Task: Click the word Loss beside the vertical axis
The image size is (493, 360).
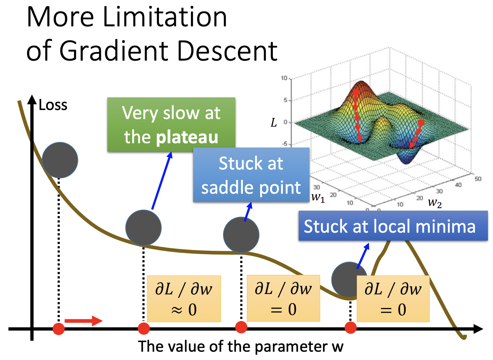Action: coord(53,105)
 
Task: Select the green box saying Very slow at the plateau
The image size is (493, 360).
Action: coord(171,124)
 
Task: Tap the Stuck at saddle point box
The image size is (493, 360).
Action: coord(251,175)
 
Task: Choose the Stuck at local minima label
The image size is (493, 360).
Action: coord(393,227)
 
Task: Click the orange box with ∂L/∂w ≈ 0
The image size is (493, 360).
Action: coord(184,299)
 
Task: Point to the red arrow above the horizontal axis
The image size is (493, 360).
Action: coord(83,321)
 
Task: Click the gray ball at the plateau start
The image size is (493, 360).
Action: coord(143,228)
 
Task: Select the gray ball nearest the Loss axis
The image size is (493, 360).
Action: coord(60,160)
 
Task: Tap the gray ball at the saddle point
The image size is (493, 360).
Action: coord(241,235)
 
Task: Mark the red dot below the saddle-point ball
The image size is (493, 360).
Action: coord(241,327)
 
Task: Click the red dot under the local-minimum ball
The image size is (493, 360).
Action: coord(350,328)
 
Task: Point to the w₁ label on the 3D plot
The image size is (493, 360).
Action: coord(318,197)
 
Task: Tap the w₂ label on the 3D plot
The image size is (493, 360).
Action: coord(435,203)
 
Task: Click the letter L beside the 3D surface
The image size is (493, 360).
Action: coord(274,123)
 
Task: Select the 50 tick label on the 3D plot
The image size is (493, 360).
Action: coord(478,179)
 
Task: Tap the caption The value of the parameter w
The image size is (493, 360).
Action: coord(241,346)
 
